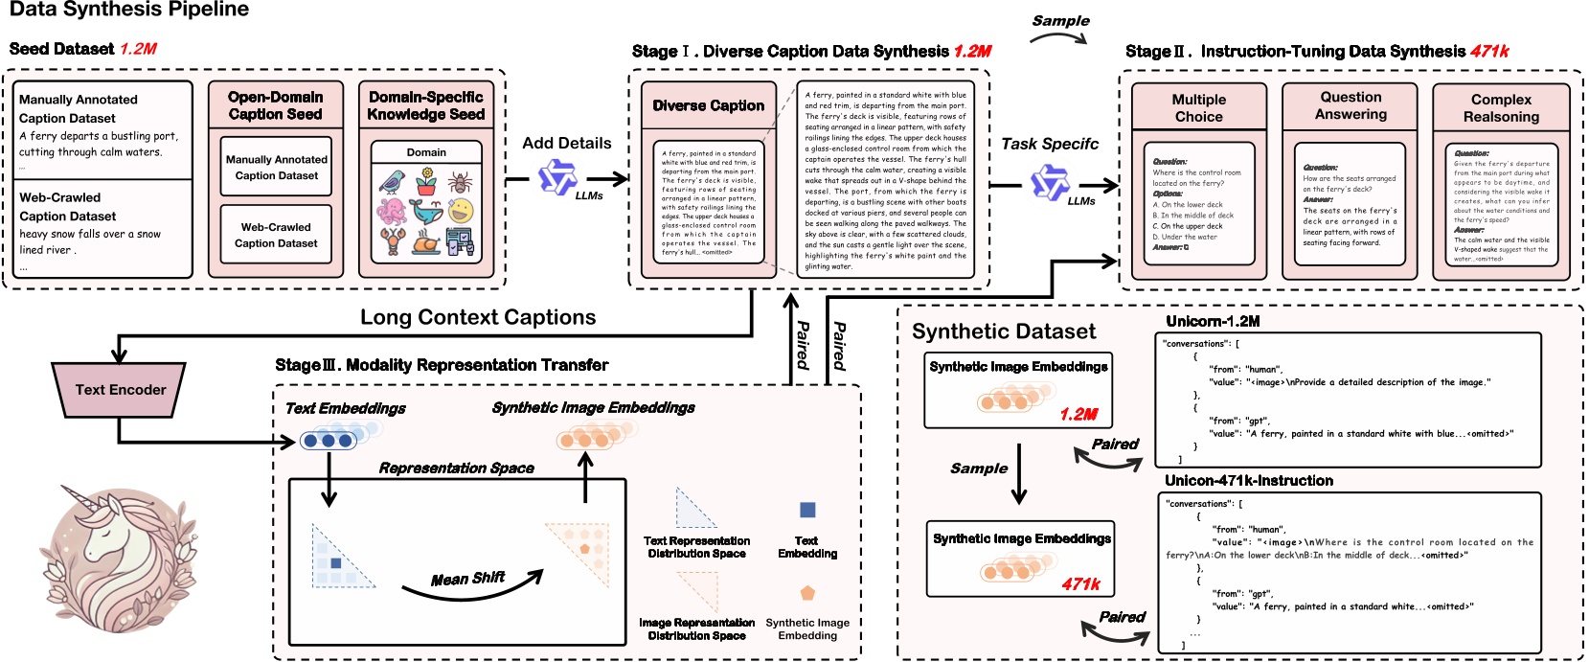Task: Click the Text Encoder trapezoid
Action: click(119, 390)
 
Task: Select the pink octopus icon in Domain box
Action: click(392, 212)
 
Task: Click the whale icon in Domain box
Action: click(426, 212)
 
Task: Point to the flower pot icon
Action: click(426, 180)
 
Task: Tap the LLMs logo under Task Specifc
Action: click(1049, 182)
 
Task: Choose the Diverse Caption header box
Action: click(709, 105)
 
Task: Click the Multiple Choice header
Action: click(1198, 107)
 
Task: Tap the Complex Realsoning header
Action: click(1501, 107)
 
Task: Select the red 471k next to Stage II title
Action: click(1489, 51)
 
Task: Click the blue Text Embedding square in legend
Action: click(807, 511)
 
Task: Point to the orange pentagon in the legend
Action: click(807, 593)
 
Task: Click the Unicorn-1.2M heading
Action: click(1213, 321)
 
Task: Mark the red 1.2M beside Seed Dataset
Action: click(138, 49)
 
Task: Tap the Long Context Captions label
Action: click(477, 317)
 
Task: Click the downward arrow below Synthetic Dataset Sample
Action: click(1019, 474)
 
